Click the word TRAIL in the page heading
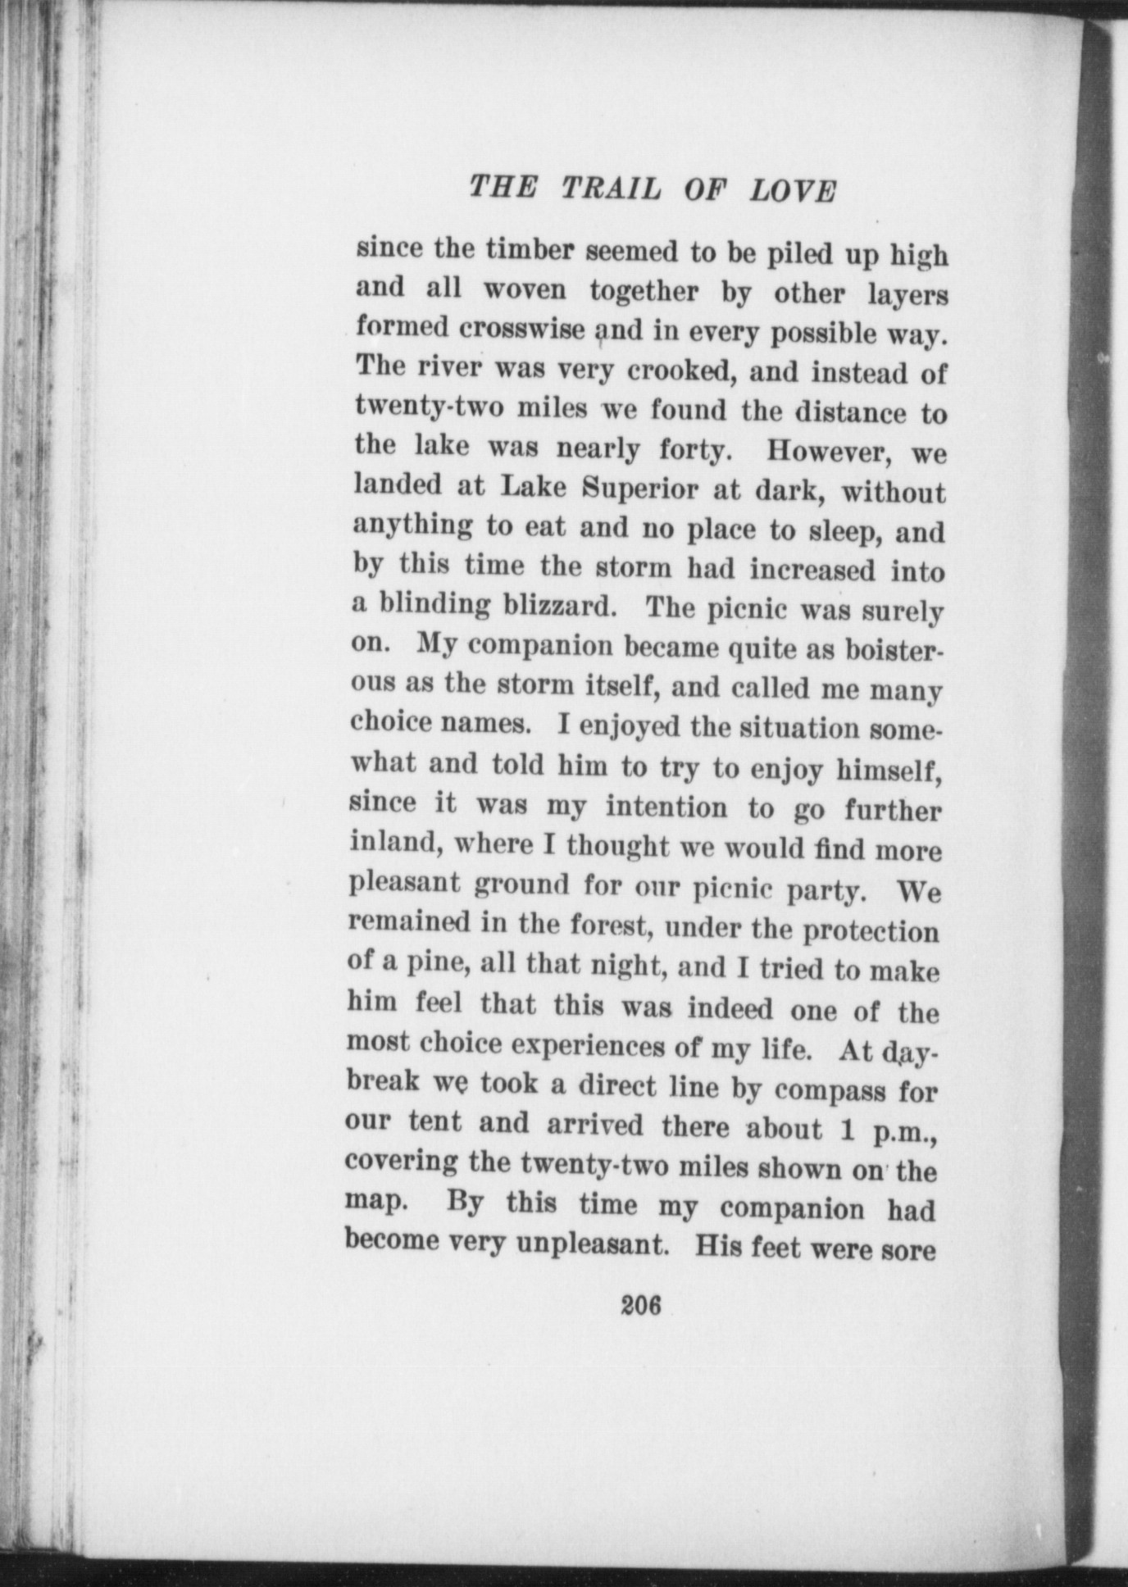(x=612, y=189)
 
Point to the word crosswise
(x=522, y=328)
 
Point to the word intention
(x=666, y=807)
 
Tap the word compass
(x=830, y=1090)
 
